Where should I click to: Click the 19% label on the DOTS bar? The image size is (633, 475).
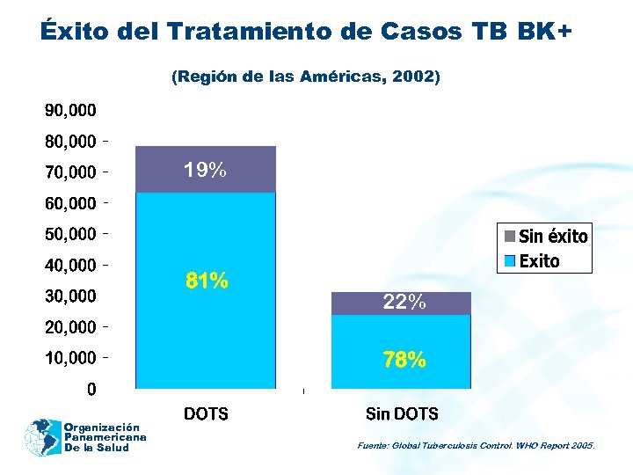coord(205,171)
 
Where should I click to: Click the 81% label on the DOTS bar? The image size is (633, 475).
coord(207,281)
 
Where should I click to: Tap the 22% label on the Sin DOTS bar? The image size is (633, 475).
coord(404,303)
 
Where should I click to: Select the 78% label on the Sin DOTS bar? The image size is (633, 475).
coord(404,360)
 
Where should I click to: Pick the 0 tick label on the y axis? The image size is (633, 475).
coord(91,389)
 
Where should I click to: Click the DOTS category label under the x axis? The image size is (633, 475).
coord(206,413)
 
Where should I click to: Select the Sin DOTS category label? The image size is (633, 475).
coord(402,413)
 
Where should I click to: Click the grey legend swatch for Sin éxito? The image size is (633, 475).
coord(509,236)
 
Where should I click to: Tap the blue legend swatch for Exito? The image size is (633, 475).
coord(509,261)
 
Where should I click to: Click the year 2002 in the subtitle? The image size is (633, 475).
coord(414,77)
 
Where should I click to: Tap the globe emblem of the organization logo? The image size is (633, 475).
coord(40,437)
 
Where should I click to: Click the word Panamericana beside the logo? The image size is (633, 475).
coord(105,437)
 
